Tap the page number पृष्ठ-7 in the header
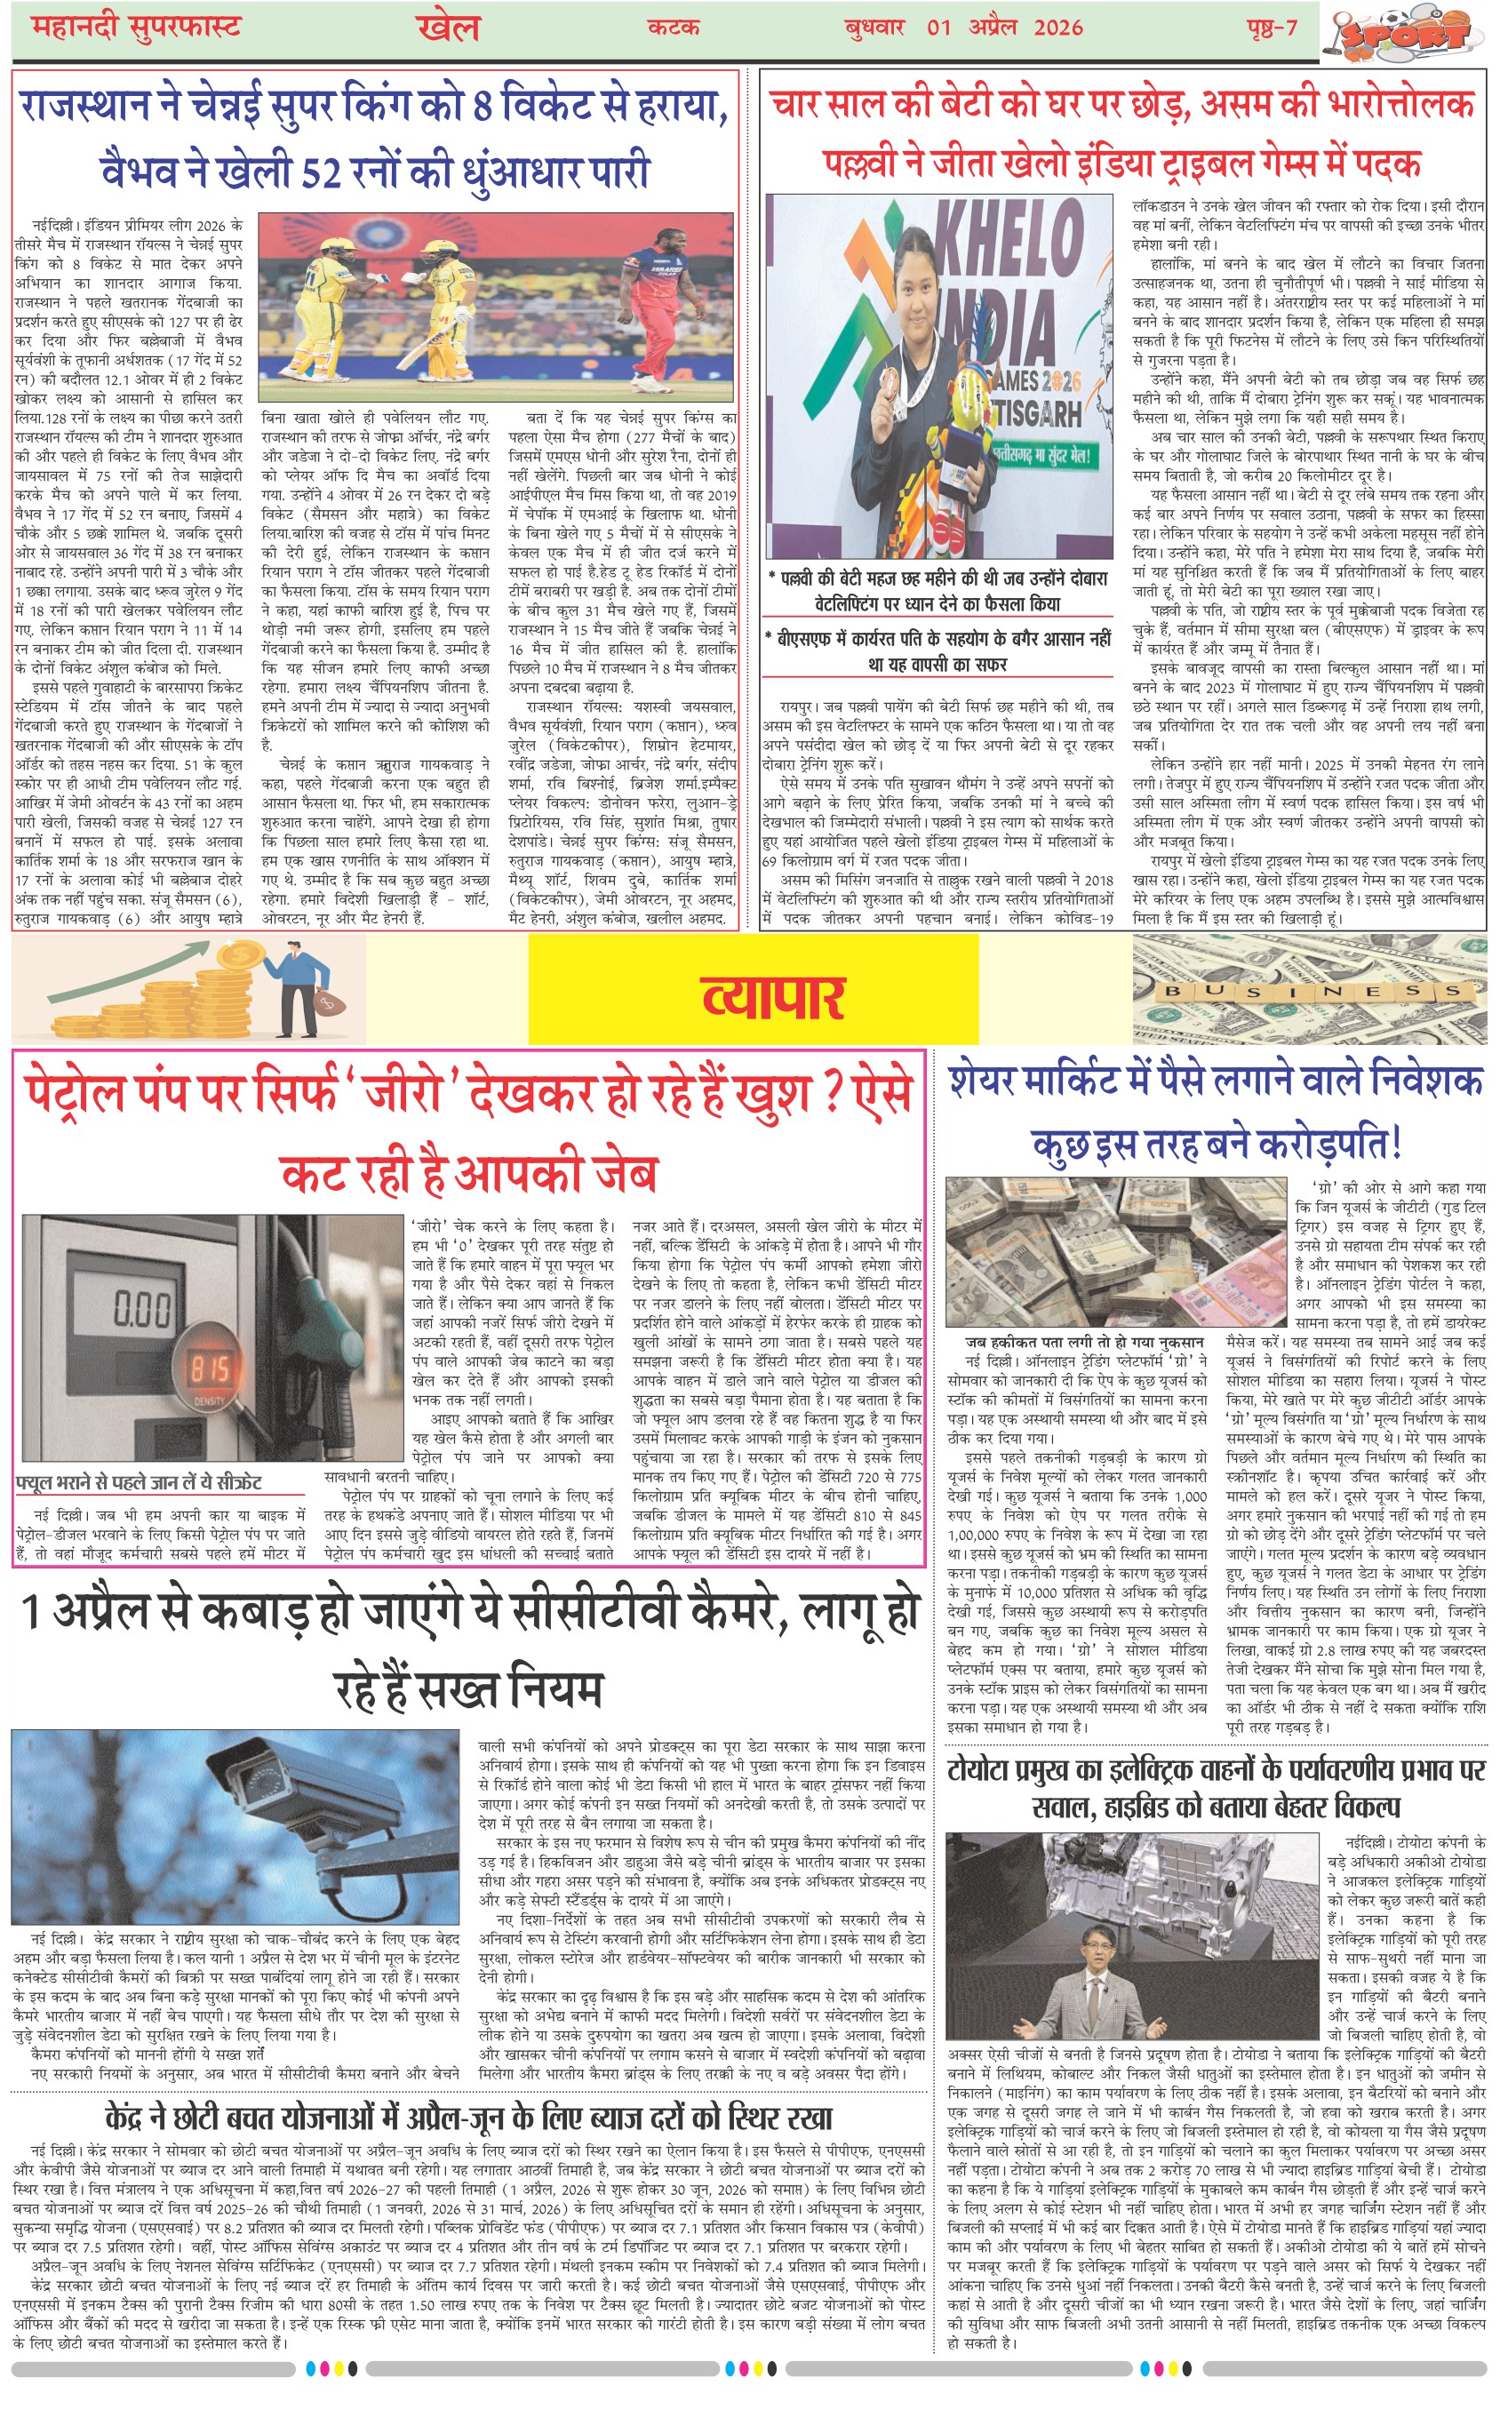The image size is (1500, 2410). pyautogui.click(x=1272, y=27)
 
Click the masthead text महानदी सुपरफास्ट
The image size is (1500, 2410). pyautogui.click(x=136, y=27)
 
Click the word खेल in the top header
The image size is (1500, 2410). pyautogui.click(x=449, y=27)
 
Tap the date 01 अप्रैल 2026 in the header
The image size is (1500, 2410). pyautogui.click(x=1004, y=27)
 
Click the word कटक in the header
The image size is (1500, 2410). pyautogui.click(x=674, y=27)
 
